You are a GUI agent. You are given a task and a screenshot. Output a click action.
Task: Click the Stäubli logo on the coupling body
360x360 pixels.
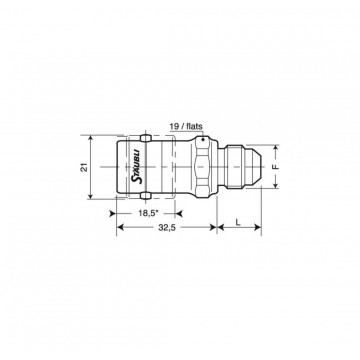tap(137, 166)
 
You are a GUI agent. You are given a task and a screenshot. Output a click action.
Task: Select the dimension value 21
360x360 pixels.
tap(85, 167)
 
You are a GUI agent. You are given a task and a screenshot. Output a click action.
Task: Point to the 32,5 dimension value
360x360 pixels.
tap(167, 227)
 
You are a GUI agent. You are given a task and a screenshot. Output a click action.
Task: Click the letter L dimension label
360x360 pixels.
tap(238, 222)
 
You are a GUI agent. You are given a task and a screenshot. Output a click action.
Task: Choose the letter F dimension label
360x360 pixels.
tap(276, 167)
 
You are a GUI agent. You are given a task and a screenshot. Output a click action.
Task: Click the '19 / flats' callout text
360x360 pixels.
tap(186, 126)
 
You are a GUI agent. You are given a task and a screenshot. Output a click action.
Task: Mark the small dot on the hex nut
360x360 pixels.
tap(202, 140)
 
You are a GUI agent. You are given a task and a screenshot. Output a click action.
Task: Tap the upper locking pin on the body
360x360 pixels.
tap(145, 138)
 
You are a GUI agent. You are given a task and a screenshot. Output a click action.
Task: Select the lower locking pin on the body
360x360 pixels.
tap(145, 196)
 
